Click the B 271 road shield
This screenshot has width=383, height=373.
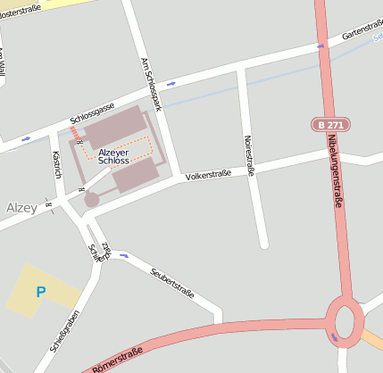pyautogui.click(x=331, y=124)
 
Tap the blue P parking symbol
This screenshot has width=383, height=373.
pyautogui.click(x=40, y=291)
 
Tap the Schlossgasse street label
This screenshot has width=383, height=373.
pyautogui.click(x=92, y=113)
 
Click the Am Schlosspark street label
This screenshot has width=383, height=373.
pyautogui.click(x=151, y=86)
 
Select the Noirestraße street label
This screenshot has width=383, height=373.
pyautogui.click(x=249, y=155)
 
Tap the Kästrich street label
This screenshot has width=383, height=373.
pyautogui.click(x=56, y=163)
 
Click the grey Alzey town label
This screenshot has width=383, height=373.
pyautogui.click(x=21, y=208)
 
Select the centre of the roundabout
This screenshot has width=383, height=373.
pyautogui.click(x=345, y=319)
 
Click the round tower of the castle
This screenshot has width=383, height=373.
pyautogui.click(x=92, y=200)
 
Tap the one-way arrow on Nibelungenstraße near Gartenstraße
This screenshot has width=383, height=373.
pyautogui.click(x=321, y=46)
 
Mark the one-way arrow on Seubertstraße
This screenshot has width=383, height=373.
pyautogui.click(x=124, y=255)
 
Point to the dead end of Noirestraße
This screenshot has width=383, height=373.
pyautogui.click(x=263, y=243)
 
